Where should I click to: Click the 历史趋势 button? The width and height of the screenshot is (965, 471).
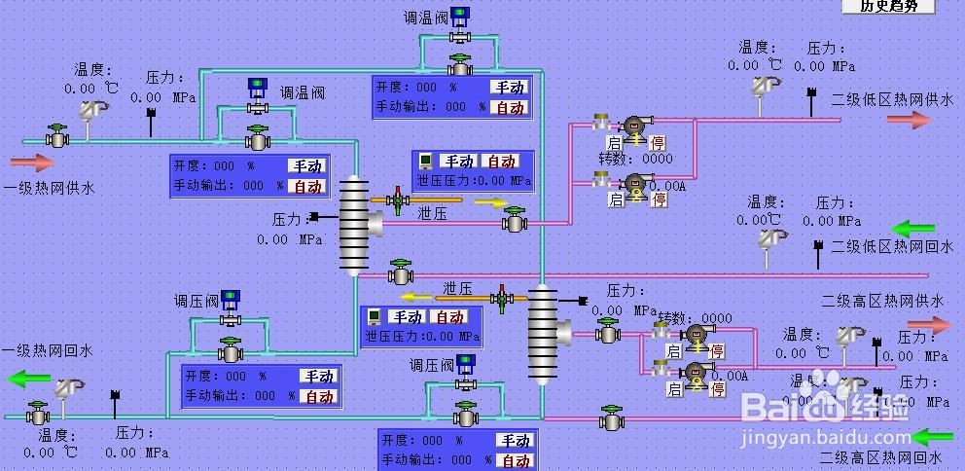click(888, 6)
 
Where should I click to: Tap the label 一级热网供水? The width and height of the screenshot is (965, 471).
click(49, 189)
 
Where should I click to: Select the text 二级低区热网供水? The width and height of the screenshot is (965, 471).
click(892, 99)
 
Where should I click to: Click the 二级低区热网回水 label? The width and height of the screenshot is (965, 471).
click(892, 247)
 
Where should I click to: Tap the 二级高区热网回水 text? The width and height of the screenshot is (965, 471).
click(881, 457)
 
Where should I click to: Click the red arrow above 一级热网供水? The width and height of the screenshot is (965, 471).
click(32, 163)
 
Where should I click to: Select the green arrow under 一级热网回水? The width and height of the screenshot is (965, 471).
click(29, 379)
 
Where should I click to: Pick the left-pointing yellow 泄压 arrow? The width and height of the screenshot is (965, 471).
click(418, 297)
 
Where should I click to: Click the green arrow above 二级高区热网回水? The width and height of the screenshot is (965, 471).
click(933, 437)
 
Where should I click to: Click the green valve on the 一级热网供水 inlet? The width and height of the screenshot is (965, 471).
click(57, 136)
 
